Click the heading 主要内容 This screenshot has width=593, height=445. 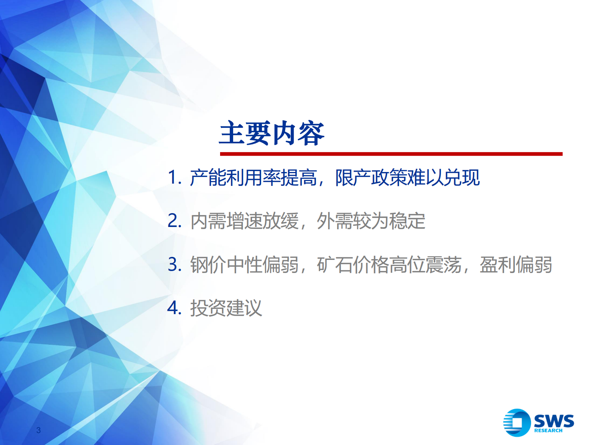pyautogui.click(x=272, y=133)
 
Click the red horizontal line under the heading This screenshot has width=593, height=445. pyautogui.click(x=391, y=154)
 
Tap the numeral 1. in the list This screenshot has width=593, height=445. pyautogui.click(x=174, y=177)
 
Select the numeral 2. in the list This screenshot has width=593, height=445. pyautogui.click(x=174, y=221)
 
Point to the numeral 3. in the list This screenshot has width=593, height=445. pyautogui.click(x=174, y=264)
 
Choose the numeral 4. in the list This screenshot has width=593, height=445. pyautogui.click(x=174, y=308)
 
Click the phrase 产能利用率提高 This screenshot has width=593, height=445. pyautogui.click(x=253, y=177)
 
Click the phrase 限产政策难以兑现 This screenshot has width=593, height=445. pyautogui.click(x=407, y=177)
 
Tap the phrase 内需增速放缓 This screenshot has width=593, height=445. pyautogui.click(x=244, y=221)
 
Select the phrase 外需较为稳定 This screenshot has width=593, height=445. pyautogui.click(x=371, y=221)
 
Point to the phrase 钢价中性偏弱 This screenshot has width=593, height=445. pyautogui.click(x=244, y=264)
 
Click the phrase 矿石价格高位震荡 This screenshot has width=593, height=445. pyautogui.click(x=389, y=264)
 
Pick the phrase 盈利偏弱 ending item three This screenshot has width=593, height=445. pyautogui.click(x=516, y=264)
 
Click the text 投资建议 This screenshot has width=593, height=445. pyautogui.click(x=226, y=308)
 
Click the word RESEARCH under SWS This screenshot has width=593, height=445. pyautogui.click(x=548, y=430)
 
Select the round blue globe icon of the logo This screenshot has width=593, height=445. pyautogui.click(x=517, y=423)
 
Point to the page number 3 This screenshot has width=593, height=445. pyautogui.click(x=38, y=430)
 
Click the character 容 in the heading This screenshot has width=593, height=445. pyautogui.click(x=311, y=133)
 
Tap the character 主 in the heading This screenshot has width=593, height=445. pyautogui.click(x=232, y=133)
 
